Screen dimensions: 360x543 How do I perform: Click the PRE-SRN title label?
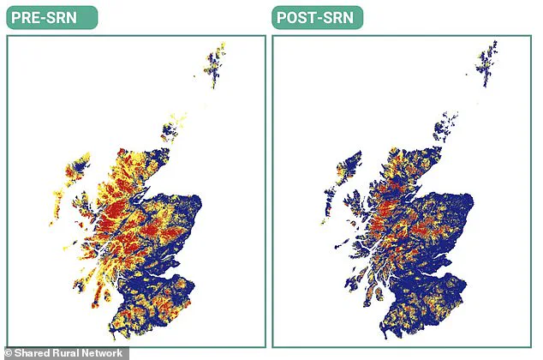(51, 17)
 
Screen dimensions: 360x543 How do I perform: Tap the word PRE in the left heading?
(31, 17)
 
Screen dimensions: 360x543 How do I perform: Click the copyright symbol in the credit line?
(8, 353)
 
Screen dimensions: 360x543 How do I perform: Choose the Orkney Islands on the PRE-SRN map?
(171, 131)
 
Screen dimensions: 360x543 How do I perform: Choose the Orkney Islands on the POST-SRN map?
(443, 131)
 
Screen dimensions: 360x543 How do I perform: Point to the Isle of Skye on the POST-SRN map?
(353, 207)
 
